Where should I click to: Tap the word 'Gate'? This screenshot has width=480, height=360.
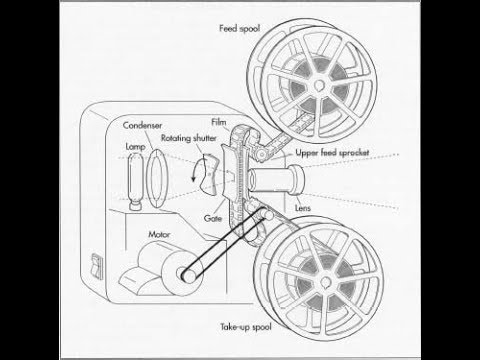click(213, 216)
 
